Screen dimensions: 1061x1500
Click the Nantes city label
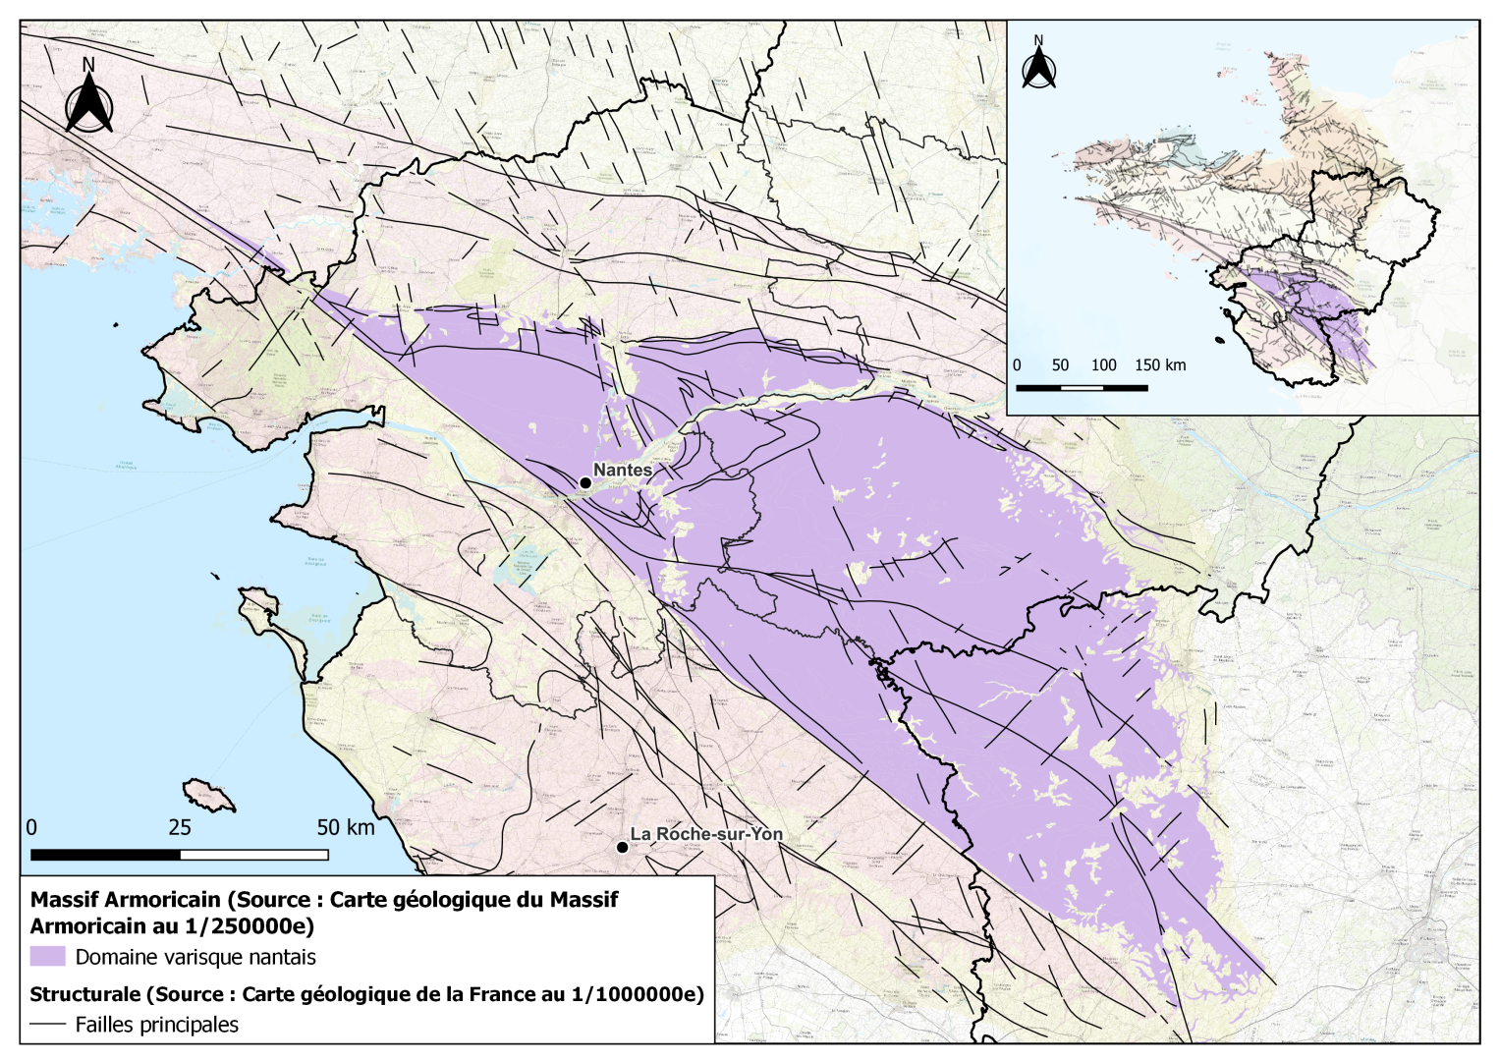point(623,471)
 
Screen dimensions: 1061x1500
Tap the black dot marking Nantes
point(585,482)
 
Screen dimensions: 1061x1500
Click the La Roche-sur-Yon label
point(706,834)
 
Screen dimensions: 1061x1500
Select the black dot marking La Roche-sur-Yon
point(622,847)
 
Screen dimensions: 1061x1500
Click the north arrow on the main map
point(88,98)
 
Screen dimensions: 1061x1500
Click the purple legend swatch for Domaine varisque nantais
point(47,957)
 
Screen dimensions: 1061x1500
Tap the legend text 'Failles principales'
point(157,1025)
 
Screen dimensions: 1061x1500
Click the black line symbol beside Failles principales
point(47,1025)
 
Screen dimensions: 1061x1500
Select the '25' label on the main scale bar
point(180,827)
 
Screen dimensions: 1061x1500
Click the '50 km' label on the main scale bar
point(346,827)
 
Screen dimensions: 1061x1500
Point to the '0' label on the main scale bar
point(31,827)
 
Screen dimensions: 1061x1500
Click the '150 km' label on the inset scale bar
point(1160,365)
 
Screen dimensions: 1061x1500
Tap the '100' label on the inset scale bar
point(1103,365)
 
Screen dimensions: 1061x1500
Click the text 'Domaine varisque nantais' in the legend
point(195,957)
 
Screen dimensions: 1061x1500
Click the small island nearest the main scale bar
point(208,795)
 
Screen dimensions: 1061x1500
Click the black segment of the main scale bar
point(106,855)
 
